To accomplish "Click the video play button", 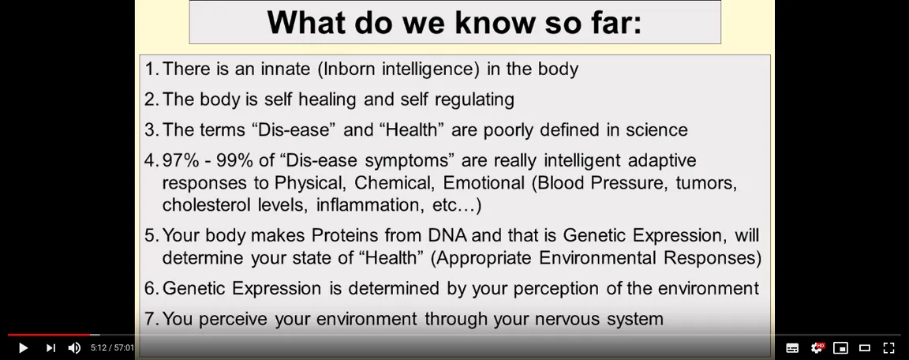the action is coord(23,348).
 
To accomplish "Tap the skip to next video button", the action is coord(50,348).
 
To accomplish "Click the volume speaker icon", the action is coord(74,348).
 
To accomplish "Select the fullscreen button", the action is coord(888,348).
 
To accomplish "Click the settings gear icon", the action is coord(817,348).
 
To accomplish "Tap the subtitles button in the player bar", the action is coord(792,348).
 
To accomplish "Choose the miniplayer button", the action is coord(840,348).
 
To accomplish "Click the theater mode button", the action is coord(864,348).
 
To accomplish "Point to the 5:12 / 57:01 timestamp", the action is coord(112,348).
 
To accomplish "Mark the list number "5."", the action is coord(151,235).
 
